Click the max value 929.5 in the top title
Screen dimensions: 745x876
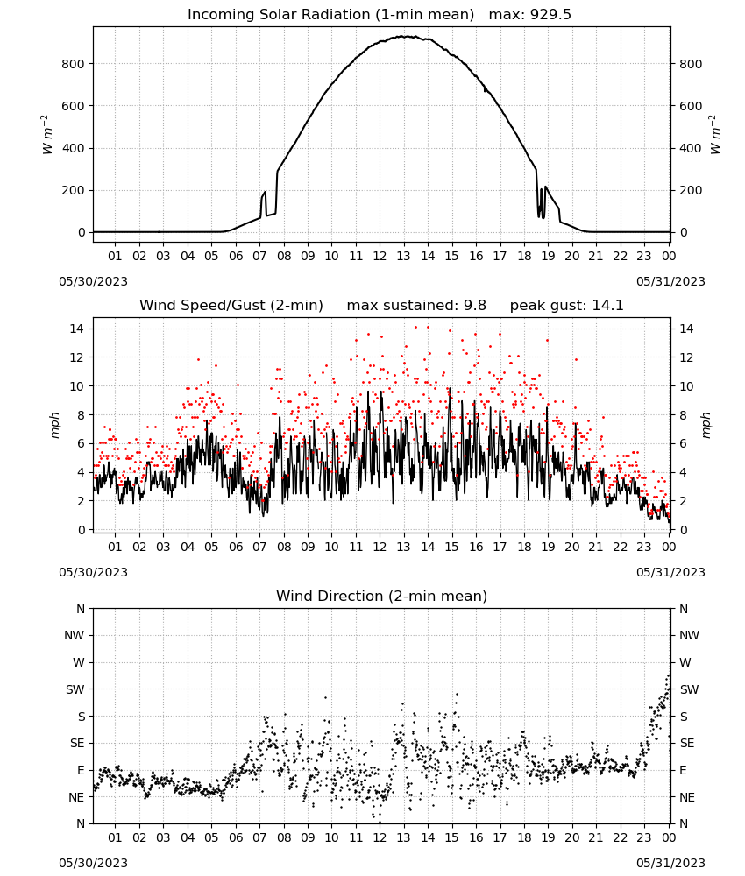point(530,15)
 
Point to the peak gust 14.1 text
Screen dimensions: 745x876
point(567,306)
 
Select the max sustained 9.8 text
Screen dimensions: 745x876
point(416,306)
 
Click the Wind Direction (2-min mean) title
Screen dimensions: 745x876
point(382,596)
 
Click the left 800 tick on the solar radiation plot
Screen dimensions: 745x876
point(73,64)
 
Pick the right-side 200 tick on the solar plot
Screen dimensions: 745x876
point(691,190)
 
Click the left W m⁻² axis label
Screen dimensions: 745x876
point(47,135)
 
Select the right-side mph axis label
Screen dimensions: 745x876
point(706,426)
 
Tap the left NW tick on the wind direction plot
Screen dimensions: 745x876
point(74,636)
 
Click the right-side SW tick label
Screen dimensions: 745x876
point(689,690)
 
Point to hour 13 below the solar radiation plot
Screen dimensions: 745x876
point(403,257)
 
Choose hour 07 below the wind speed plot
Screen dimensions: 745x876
point(259,547)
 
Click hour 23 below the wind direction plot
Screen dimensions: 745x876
point(644,838)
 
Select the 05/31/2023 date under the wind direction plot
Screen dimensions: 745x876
point(670,863)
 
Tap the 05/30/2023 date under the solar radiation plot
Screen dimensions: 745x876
point(93,281)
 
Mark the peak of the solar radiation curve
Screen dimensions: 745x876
point(403,36)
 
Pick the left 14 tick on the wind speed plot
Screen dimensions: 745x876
point(77,328)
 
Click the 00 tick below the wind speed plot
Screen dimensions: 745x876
point(669,547)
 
